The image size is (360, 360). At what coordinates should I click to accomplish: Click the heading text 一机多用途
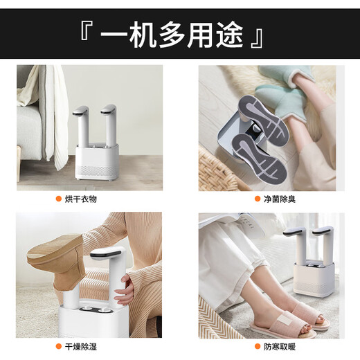click(181, 35)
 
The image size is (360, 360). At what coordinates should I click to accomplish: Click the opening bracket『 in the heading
click(85, 34)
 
